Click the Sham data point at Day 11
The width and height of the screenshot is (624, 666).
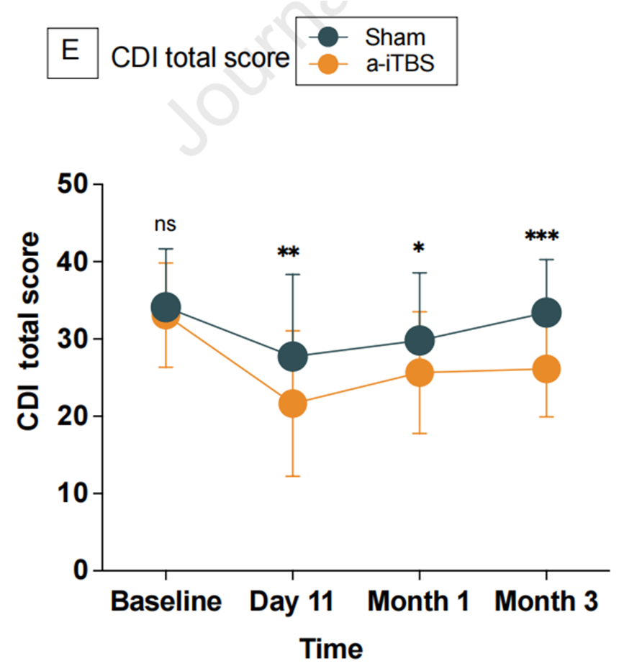point(292,356)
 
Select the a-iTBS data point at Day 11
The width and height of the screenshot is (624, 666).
point(292,403)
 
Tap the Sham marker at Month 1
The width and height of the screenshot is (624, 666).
point(419,340)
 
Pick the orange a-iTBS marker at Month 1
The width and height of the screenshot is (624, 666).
point(419,373)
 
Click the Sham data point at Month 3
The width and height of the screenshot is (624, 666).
point(546,312)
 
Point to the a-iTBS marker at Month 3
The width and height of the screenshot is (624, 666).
point(546,370)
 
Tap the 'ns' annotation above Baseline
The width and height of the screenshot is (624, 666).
point(165,224)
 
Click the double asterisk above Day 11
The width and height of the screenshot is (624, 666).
point(289,253)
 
